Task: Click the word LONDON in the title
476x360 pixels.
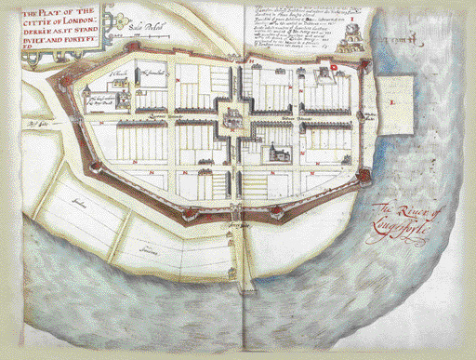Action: click(x=75, y=21)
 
